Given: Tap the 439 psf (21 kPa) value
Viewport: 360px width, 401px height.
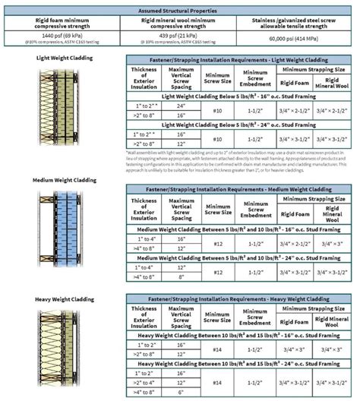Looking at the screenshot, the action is pyautogui.click(x=180, y=36).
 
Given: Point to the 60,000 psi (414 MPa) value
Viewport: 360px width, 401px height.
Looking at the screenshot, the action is pyautogui.click(x=298, y=36).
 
